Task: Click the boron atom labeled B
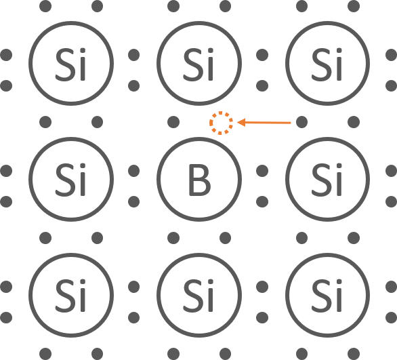coord(199,180)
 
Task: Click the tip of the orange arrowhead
coord(237,123)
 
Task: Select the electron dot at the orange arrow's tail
coord(301,122)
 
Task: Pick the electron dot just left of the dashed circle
coord(173,122)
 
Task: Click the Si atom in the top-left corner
coord(71,63)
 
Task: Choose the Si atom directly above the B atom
coord(199,63)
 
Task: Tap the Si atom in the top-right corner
coord(327,63)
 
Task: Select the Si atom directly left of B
coord(71,180)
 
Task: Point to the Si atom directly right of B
coord(327,180)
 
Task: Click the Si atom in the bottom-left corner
coord(71,295)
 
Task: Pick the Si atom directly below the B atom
coord(199,295)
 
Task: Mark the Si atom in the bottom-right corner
coord(327,295)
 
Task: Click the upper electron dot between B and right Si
coord(262,171)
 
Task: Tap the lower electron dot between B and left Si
coord(134,201)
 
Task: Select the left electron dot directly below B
coord(173,238)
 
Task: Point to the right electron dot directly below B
coord(225,238)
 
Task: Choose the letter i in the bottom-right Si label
coord(339,296)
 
